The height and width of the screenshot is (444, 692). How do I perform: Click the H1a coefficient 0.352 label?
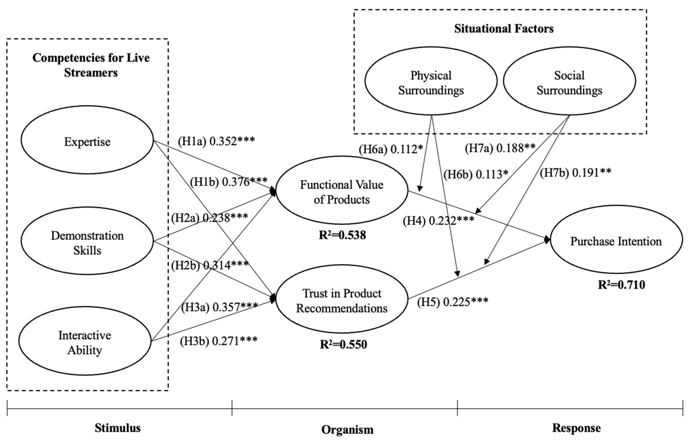point(216,141)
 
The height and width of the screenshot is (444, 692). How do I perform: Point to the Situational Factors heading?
point(504,29)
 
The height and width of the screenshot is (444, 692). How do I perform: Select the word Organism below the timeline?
point(347,429)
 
